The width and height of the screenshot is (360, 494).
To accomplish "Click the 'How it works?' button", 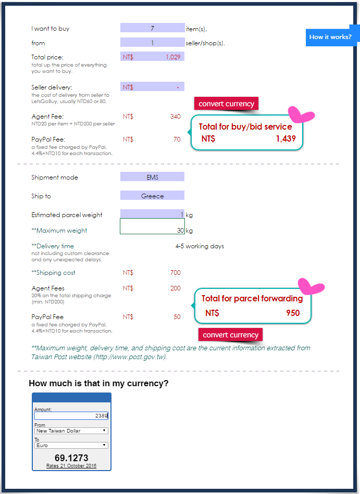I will pos(330,37).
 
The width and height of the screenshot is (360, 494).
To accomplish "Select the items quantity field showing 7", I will pos(152,28).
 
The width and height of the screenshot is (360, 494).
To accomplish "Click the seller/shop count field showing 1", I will pos(152,43).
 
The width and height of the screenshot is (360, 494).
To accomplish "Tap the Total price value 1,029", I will pos(172,57).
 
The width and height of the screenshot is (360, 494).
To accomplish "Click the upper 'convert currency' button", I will pos(226,104).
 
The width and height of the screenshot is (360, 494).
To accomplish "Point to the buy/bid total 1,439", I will pos(286,138).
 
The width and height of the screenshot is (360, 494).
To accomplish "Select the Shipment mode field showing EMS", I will pos(152,177).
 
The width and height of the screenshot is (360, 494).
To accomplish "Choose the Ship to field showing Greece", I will pos(152,196).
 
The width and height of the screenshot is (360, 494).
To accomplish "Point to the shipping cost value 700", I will pos(175,272).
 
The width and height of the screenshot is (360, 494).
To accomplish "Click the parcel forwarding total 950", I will pos(293,313).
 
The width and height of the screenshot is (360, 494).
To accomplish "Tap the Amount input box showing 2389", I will pos(71,415).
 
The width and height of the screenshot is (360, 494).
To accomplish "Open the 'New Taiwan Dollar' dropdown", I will pos(71,430).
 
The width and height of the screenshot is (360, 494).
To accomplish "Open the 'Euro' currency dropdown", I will pos(71,445).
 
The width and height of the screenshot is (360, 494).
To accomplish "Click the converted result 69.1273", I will pos(71,458).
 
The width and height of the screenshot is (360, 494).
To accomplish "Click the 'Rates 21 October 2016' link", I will pos(71,465).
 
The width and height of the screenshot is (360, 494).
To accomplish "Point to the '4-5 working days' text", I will pos(200,246).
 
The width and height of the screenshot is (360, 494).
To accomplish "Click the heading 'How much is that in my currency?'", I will pos(98,384).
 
